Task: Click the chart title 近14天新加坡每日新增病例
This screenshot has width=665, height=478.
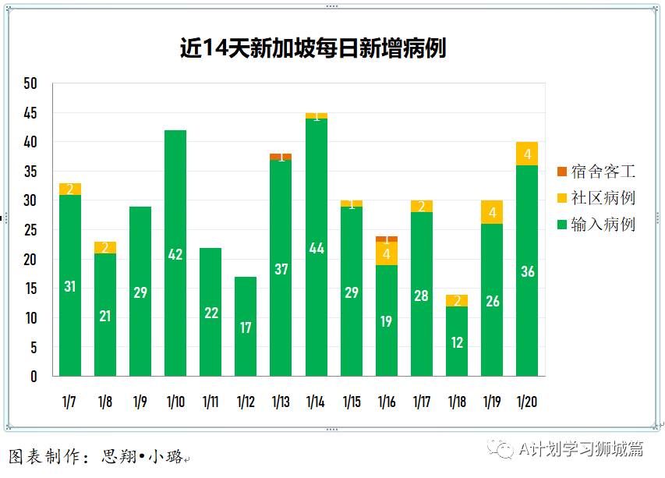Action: [313, 48]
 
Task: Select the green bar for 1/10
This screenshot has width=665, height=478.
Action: [175, 253]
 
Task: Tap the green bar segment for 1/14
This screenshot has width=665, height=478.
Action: [317, 248]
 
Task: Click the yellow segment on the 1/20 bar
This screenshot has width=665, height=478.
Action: [528, 154]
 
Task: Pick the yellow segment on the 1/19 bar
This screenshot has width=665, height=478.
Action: [492, 212]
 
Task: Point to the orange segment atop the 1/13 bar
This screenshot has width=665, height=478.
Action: [281, 157]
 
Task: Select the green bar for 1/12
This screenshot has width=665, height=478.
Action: [246, 327]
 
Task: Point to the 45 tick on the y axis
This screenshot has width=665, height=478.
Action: [30, 113]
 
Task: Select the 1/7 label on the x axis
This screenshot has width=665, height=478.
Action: [69, 402]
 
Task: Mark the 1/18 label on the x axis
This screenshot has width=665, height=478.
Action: [457, 402]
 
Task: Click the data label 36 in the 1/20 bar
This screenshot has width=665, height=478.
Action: [528, 272]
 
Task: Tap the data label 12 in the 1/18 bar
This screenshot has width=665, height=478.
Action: [457, 342]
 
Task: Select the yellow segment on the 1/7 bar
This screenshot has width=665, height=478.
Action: [69, 189]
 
